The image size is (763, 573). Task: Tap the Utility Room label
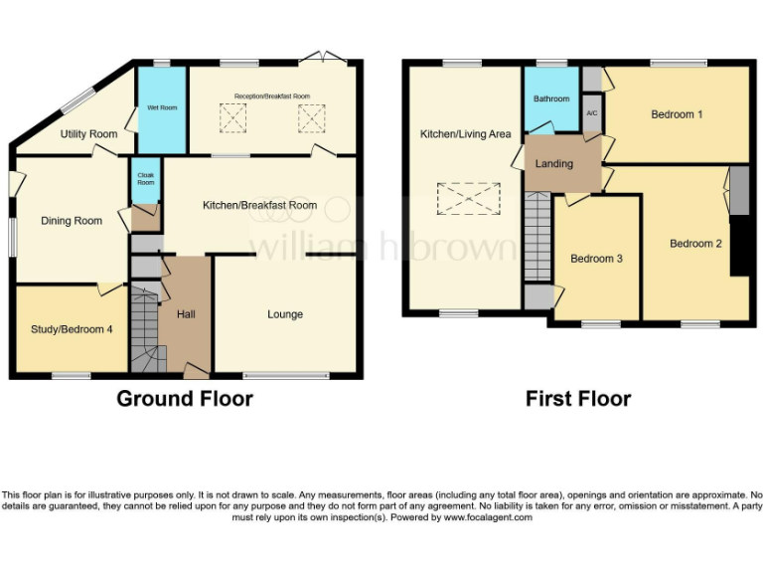(88, 133)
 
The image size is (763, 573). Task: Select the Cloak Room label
(145, 179)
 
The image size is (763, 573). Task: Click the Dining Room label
(72, 221)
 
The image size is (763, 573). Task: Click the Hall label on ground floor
(186, 314)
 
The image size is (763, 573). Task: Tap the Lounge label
(285, 314)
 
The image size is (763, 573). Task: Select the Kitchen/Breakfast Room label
(259, 205)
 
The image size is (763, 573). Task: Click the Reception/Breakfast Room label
(272, 96)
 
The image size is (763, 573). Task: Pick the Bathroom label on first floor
(551, 98)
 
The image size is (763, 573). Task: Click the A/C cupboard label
(592, 113)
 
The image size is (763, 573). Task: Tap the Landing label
(553, 163)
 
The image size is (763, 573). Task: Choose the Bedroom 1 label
(677, 114)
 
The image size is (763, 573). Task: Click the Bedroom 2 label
(695, 243)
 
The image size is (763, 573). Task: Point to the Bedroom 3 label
(596, 259)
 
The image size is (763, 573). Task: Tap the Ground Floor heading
(185, 399)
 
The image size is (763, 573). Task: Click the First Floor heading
(578, 399)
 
